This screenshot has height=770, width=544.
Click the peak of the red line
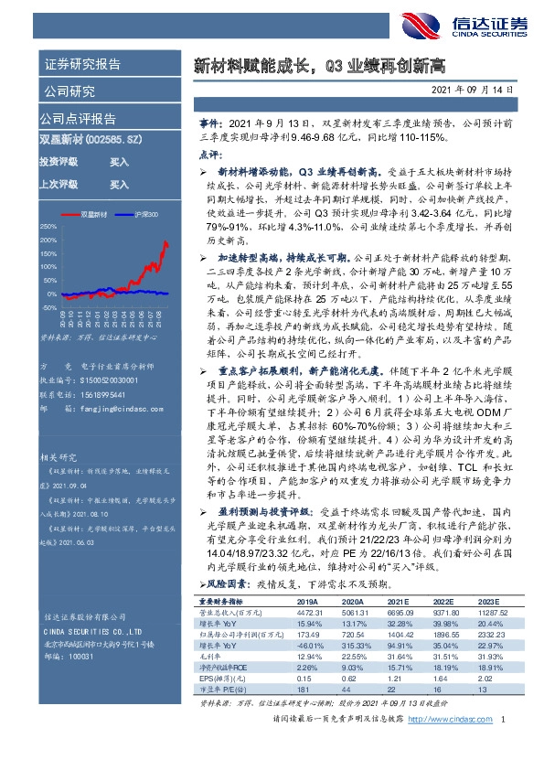point(165,242)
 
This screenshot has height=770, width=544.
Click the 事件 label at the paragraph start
point(209,122)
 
